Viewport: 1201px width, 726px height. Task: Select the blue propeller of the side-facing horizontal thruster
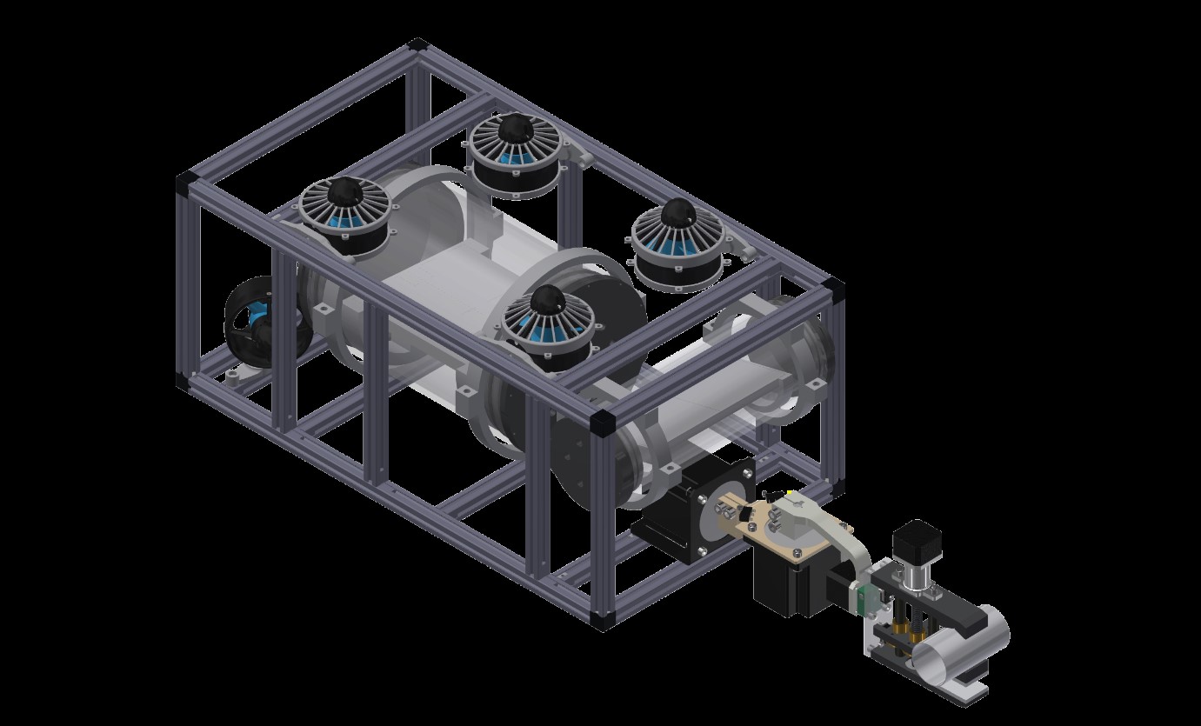[x=258, y=317]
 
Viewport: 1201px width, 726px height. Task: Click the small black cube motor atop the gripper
[x=912, y=538]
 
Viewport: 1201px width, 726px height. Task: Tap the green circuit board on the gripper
[x=864, y=598]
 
